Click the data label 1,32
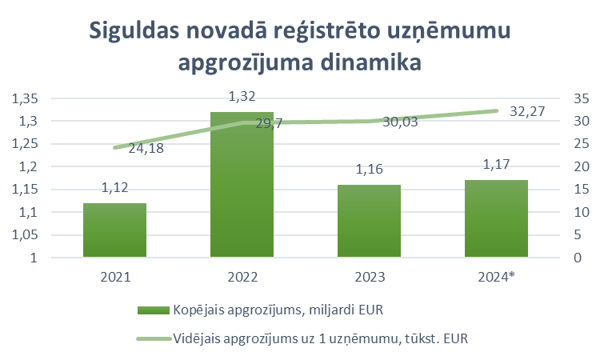(242, 97)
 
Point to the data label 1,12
(114, 188)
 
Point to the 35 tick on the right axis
(581, 98)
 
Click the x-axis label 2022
(242, 277)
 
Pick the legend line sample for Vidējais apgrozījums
(152, 338)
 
